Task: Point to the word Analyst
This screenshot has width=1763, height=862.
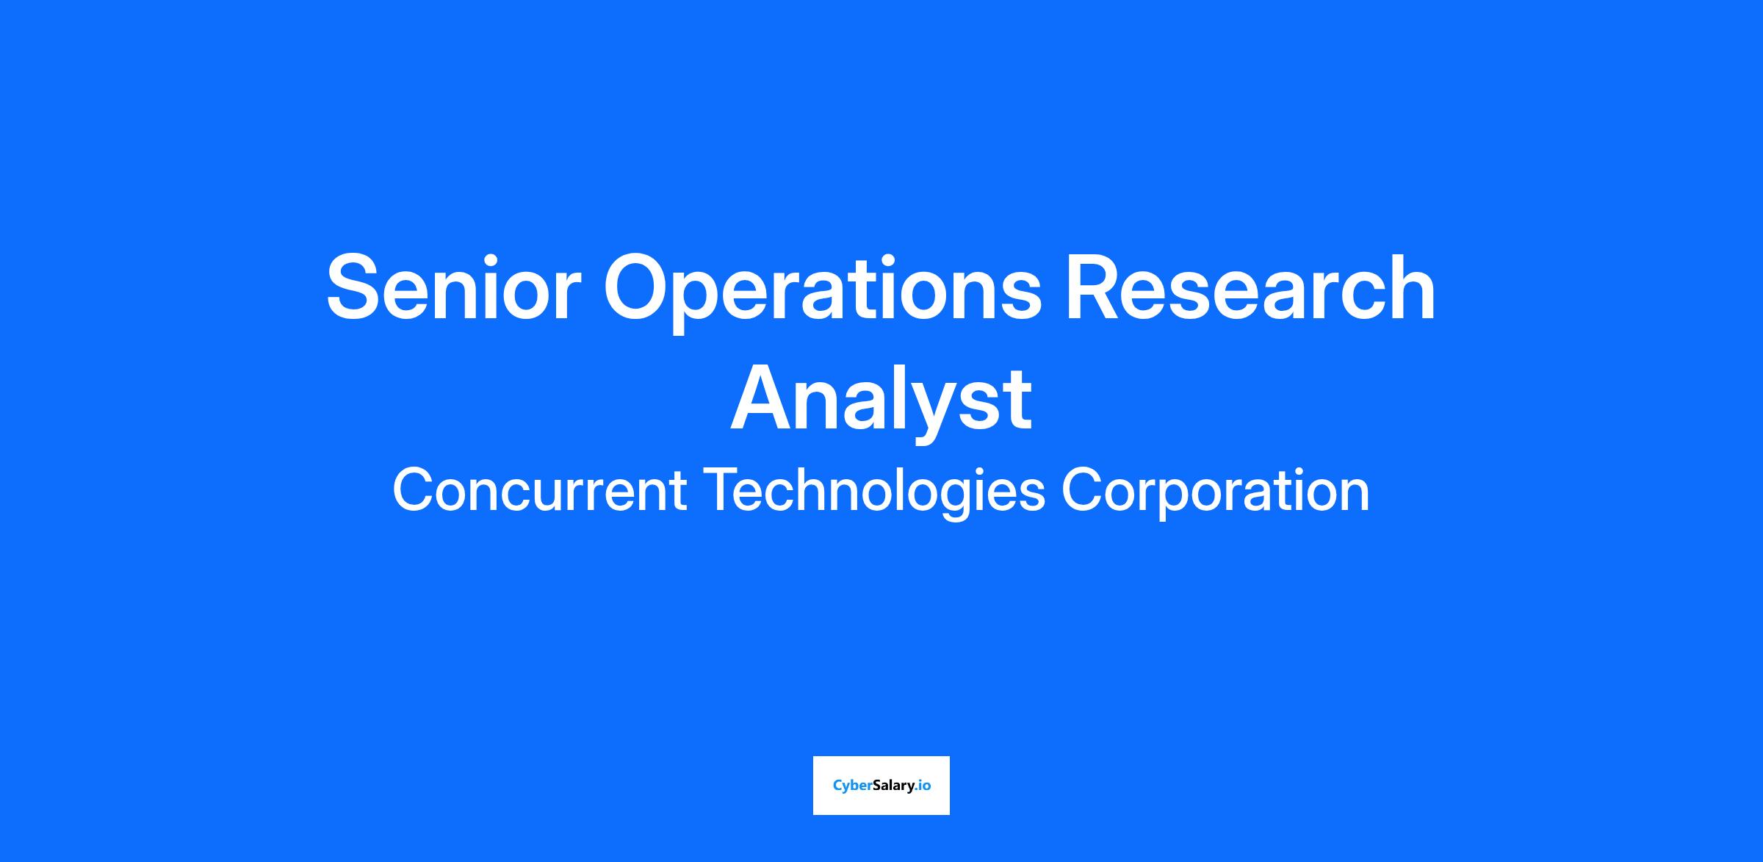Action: point(881,402)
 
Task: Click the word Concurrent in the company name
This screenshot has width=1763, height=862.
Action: point(540,490)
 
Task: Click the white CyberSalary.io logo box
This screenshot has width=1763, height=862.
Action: point(881,785)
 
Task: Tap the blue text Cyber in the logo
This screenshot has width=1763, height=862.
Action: point(853,786)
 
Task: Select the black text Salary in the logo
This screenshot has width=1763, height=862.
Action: point(895,786)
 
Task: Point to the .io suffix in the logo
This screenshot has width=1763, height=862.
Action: point(924,785)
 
